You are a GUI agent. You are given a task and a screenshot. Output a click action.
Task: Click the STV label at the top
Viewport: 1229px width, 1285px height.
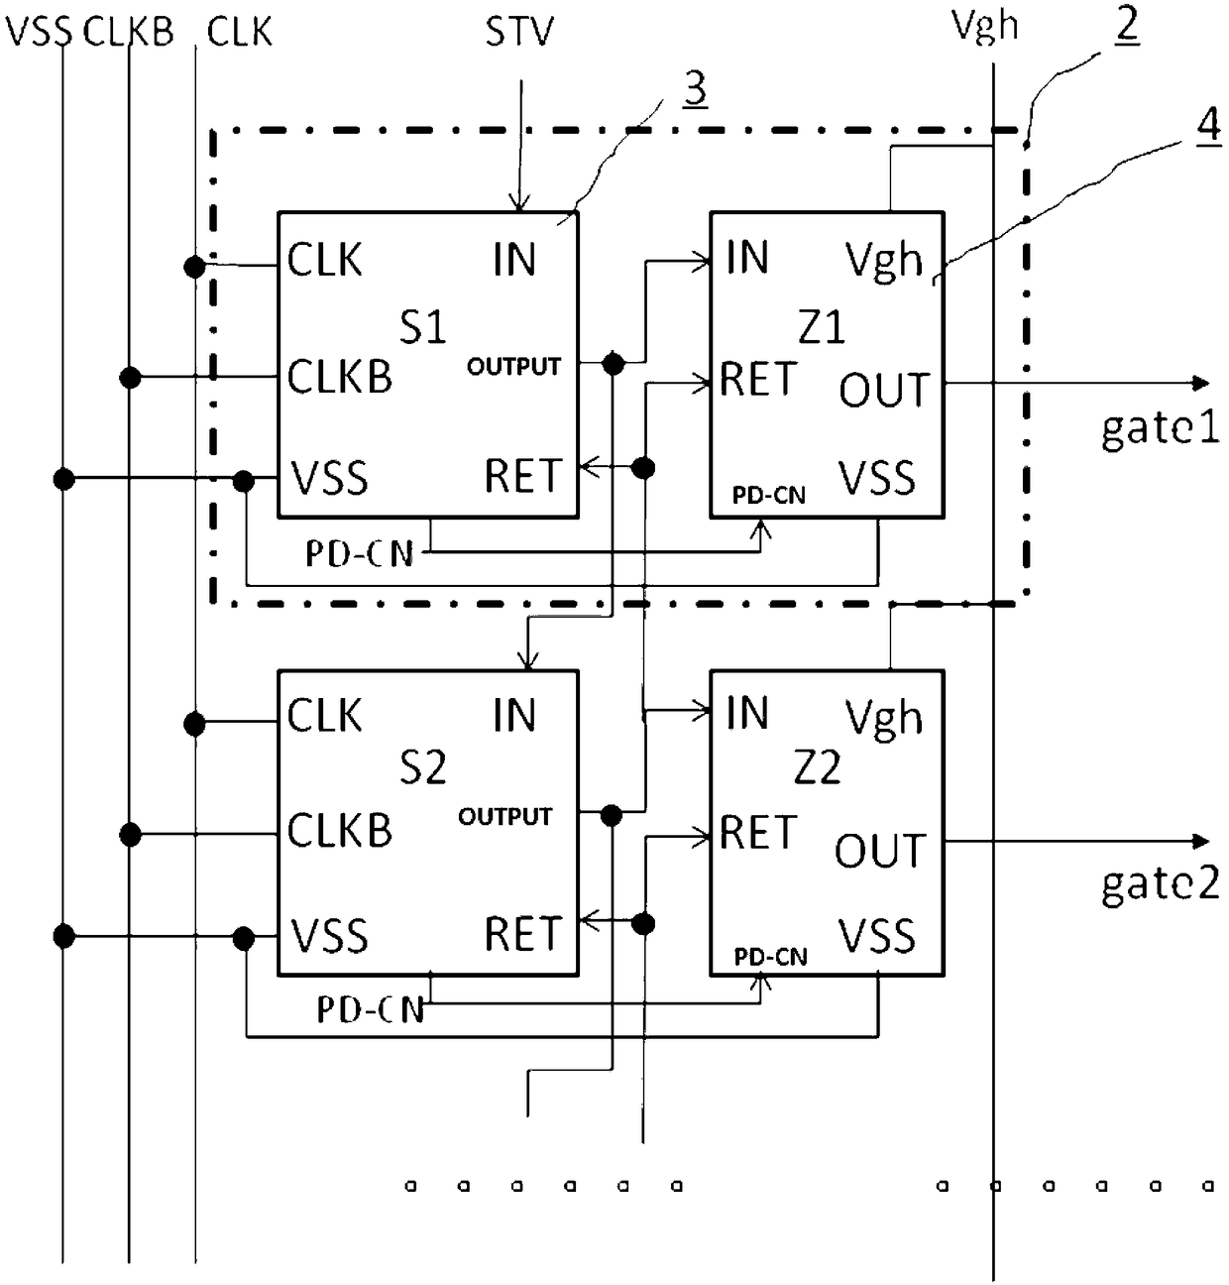point(519,31)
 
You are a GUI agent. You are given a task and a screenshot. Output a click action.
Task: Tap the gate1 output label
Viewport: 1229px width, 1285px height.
point(1160,428)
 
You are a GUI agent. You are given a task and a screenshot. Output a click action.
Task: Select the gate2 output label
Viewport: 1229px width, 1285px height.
point(1160,883)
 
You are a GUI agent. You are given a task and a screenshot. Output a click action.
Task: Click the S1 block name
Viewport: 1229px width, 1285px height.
point(423,326)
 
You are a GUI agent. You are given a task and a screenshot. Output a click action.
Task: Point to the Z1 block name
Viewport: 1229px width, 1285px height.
point(822,326)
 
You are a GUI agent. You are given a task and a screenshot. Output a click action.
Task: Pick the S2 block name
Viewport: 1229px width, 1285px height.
point(423,767)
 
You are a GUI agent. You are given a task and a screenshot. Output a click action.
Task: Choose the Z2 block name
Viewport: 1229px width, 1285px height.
point(818,767)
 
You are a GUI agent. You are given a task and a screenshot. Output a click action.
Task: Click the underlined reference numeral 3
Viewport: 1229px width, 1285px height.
point(695,89)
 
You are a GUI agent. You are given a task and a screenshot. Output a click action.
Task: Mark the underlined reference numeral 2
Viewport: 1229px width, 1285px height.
point(1127,25)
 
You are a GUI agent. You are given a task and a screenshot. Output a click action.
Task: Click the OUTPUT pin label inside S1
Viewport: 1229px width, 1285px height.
point(513,367)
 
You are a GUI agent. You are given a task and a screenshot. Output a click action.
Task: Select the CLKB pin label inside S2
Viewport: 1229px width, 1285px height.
point(339,830)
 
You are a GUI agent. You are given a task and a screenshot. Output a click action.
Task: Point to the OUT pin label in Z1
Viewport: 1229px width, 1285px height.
point(884,391)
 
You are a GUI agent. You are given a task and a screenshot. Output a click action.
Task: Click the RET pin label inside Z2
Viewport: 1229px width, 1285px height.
point(758,833)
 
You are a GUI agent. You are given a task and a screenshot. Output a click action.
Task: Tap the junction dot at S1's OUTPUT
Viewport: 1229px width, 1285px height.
point(614,363)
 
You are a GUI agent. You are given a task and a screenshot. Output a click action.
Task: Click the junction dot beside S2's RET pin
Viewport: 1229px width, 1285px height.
point(643,924)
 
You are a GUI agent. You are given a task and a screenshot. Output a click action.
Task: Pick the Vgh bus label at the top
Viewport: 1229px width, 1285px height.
point(984,28)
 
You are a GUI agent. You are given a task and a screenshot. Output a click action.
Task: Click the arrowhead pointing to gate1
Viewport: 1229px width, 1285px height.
point(1201,383)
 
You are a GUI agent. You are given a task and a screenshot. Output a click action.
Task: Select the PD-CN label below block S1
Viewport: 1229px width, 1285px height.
point(360,554)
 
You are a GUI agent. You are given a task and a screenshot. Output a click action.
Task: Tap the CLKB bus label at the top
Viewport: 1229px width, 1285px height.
point(128,31)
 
